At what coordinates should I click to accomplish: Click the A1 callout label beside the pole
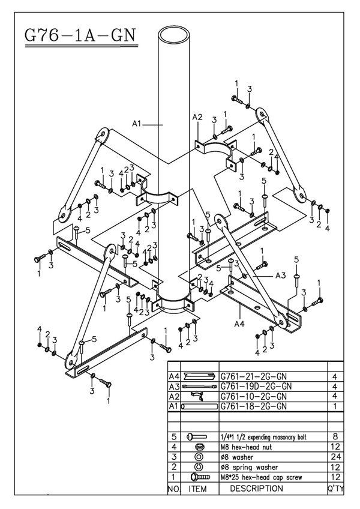[x=137, y=124]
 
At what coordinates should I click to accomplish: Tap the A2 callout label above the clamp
[x=197, y=117]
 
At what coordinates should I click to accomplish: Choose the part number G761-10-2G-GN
[x=255, y=396]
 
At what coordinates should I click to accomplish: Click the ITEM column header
[x=198, y=489]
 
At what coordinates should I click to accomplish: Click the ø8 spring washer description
[x=250, y=467]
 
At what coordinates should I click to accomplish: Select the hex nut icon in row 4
[x=200, y=447]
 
